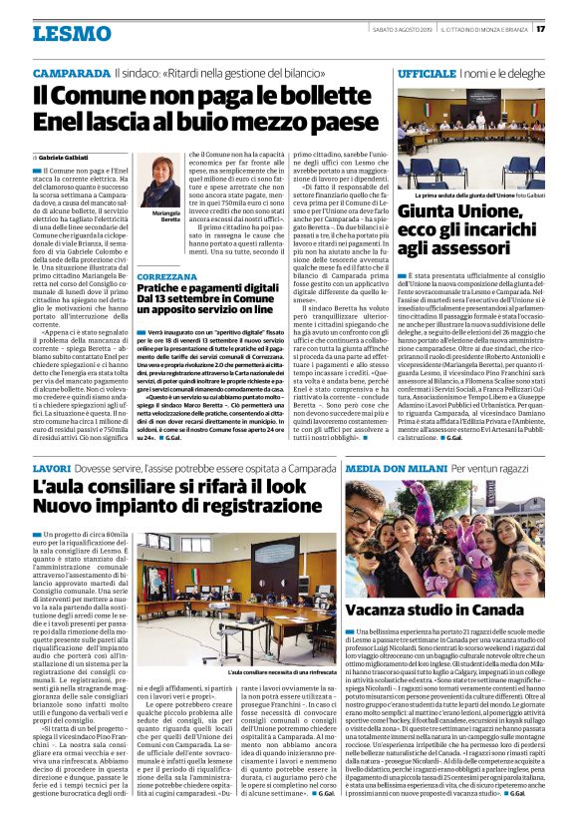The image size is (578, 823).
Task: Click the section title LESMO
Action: (71, 33)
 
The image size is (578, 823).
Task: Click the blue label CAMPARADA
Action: (71, 75)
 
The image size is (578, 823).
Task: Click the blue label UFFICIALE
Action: (427, 75)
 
